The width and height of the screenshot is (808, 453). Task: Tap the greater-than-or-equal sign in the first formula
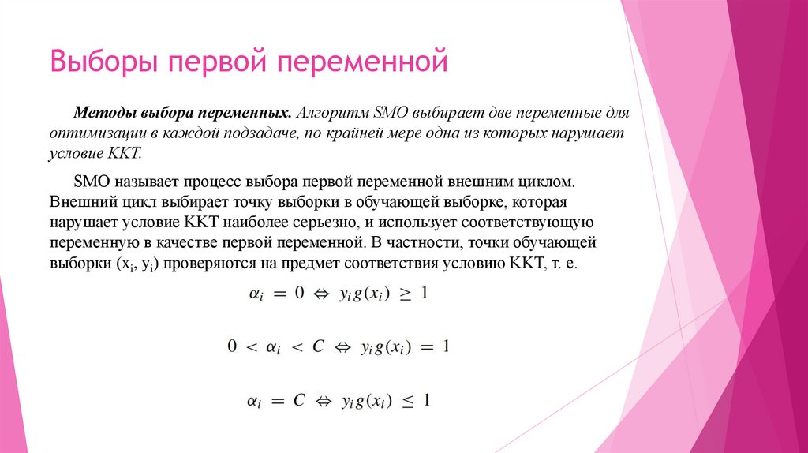point(401,294)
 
